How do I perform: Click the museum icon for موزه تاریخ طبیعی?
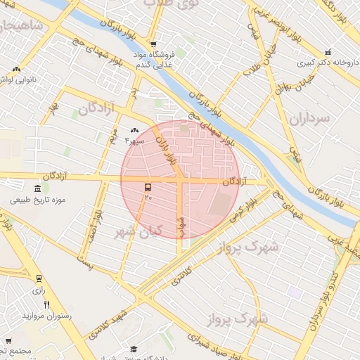tap(37, 188)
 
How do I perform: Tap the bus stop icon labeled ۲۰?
tap(148, 188)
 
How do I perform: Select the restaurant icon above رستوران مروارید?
tap(47, 304)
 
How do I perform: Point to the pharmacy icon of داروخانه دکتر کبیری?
tap(328, 53)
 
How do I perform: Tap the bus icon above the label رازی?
tap(39, 278)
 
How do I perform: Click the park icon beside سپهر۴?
tap(135, 130)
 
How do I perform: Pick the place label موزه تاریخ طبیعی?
tap(38, 200)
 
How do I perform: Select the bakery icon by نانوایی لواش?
tap(15, 70)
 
